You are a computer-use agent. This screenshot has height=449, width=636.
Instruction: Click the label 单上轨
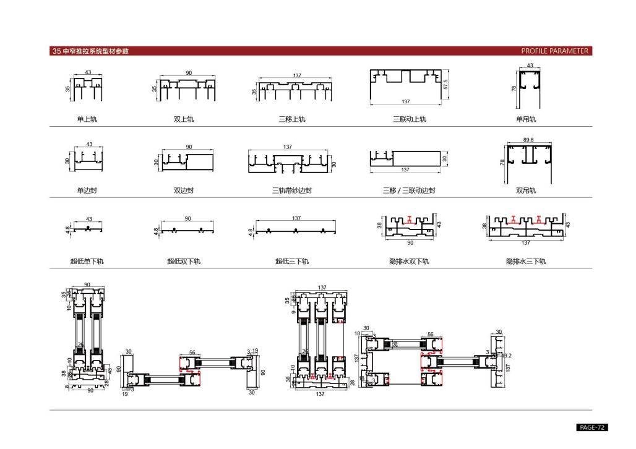pos(87,119)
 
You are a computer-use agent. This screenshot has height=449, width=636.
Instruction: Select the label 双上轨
pos(184,119)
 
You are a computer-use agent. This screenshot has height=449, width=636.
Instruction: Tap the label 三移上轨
pos(292,119)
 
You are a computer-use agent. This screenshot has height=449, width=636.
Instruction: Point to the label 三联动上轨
pos(410,119)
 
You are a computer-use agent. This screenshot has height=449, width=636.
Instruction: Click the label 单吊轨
pos(526,119)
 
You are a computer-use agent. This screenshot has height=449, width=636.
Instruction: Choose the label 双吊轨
pos(526,190)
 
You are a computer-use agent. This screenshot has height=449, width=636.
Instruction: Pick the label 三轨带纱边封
pos(292,190)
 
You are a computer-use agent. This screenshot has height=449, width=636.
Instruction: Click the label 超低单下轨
pos(87,262)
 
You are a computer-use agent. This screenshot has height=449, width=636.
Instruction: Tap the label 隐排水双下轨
pos(409,262)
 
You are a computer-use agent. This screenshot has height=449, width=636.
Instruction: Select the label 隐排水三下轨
pos(526,262)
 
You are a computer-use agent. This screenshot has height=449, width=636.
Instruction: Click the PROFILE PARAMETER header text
pos(554,51)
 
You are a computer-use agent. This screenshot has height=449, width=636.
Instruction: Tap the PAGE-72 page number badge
pos(592,427)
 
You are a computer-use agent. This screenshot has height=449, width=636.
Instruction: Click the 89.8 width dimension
pos(528,140)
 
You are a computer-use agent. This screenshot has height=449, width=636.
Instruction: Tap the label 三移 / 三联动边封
pos(409,190)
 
